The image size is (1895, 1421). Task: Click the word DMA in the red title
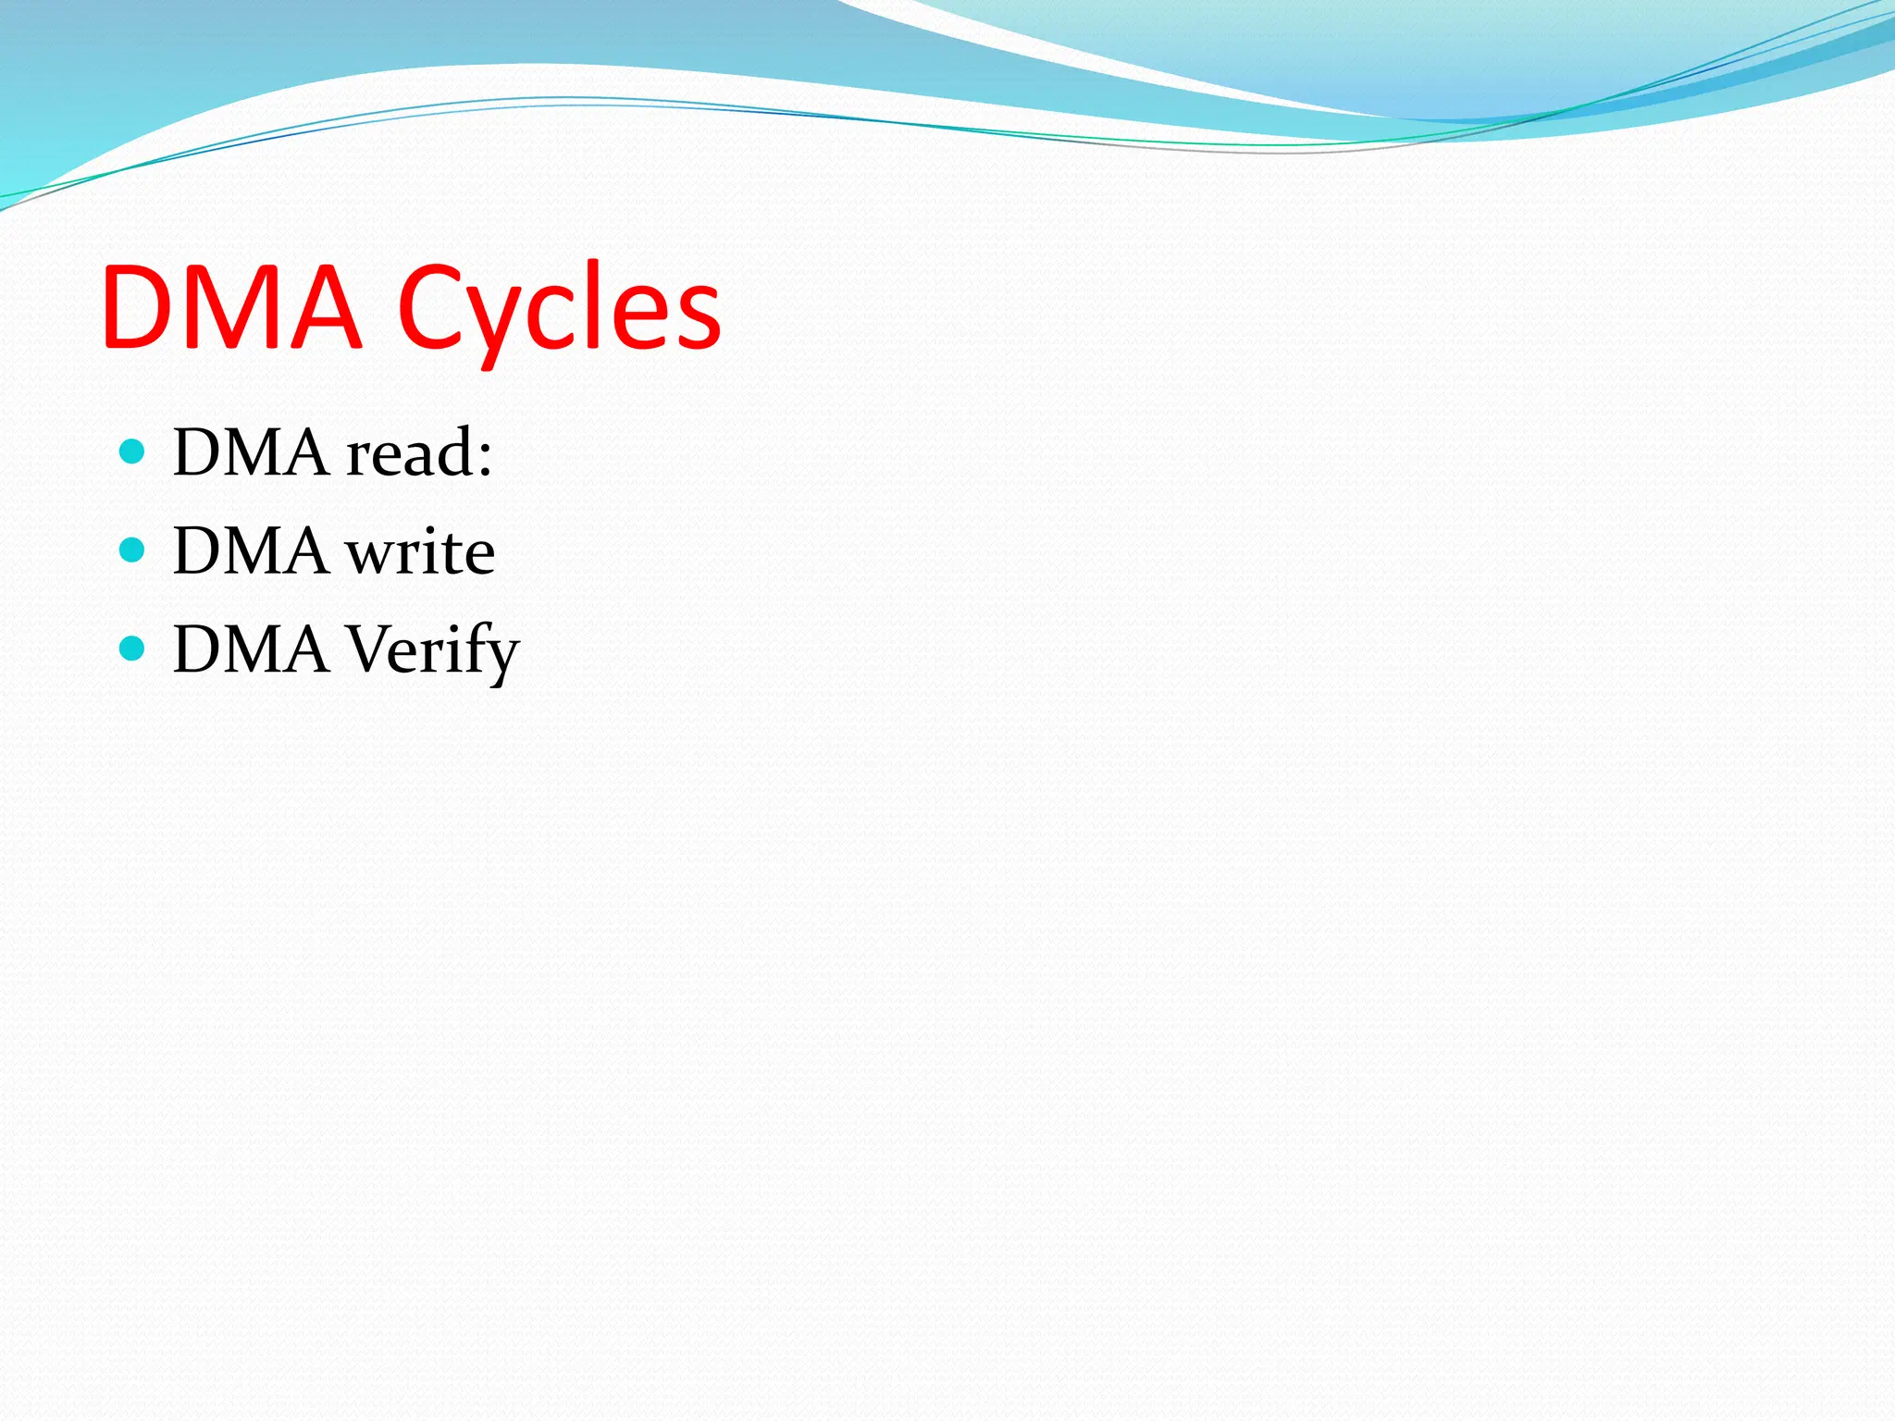[231, 307]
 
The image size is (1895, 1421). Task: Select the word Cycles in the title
[559, 309]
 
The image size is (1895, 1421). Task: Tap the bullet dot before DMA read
[132, 451]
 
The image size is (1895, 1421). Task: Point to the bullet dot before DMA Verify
[132, 649]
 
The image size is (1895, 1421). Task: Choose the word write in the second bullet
[420, 552]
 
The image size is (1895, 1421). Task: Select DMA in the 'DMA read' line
[251, 453]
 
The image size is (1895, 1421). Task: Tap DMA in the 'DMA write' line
[251, 552]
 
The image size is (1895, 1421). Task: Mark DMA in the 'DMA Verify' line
[251, 650]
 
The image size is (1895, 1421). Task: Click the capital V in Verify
[372, 649]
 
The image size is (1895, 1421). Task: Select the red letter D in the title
[139, 307]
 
